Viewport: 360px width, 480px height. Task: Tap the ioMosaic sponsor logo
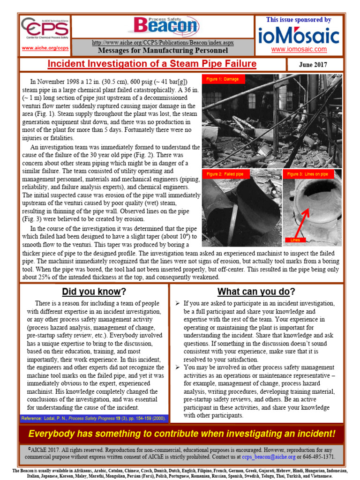[x=299, y=36]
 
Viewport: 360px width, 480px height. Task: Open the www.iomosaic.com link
[x=299, y=49]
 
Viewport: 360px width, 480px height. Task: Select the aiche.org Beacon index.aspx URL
[x=163, y=43]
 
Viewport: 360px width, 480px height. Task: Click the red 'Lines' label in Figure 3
[x=295, y=240]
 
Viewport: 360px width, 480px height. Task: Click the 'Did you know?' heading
[x=94, y=292]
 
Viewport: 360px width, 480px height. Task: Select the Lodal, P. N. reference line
[x=92, y=418]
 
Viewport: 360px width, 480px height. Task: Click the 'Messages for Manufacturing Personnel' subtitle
[x=163, y=51]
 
